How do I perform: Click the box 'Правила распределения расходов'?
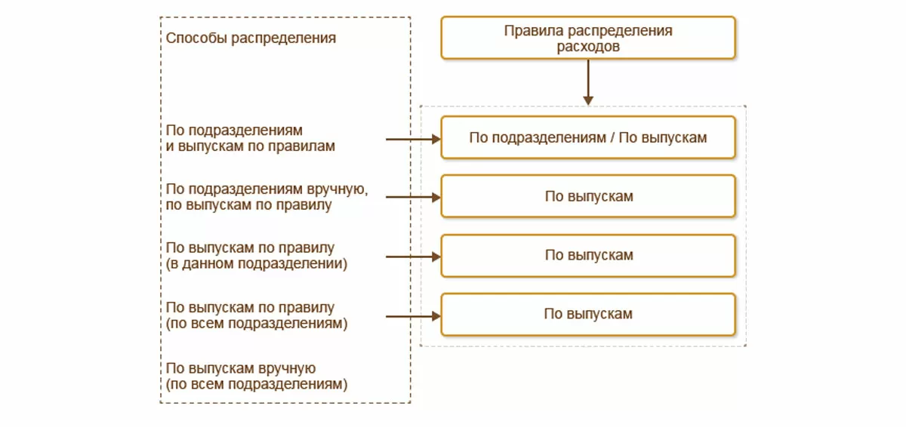point(587,38)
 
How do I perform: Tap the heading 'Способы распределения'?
point(251,38)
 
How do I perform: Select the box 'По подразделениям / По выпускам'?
point(587,137)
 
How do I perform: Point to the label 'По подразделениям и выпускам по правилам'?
point(250,138)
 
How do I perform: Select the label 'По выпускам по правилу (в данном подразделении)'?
point(257,256)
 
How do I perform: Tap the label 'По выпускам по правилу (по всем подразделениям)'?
point(257,315)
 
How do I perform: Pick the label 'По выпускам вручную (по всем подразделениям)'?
point(257,376)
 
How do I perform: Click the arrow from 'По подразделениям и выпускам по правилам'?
point(412,139)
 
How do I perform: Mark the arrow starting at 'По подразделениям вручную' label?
point(412,198)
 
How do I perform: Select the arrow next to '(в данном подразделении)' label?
point(412,257)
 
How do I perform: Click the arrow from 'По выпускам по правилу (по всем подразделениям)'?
point(412,316)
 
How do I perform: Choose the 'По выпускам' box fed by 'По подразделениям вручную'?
point(587,196)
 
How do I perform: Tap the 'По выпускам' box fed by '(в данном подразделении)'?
point(587,255)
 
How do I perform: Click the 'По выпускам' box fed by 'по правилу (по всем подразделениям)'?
point(587,314)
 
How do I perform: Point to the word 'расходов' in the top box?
point(587,46)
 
